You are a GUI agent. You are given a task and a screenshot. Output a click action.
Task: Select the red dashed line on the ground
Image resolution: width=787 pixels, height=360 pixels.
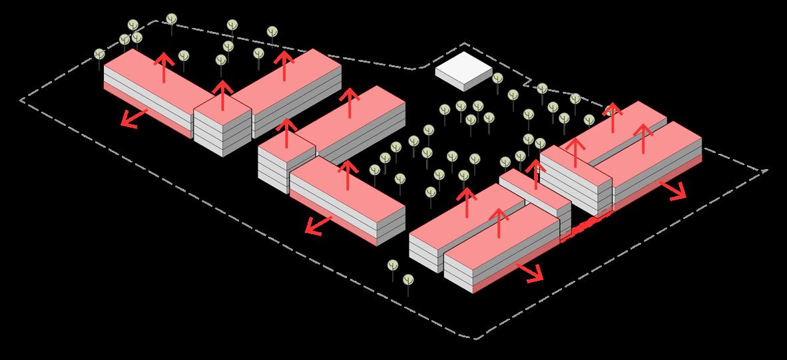pos(586,227)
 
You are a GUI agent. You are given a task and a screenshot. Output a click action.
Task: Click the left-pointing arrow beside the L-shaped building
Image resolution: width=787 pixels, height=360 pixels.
pos(134,118)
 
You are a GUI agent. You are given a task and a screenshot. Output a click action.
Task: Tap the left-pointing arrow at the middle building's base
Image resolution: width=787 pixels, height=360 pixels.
pos(318,225)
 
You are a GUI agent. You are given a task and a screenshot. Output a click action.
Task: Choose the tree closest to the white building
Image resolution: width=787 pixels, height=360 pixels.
pos(497,79)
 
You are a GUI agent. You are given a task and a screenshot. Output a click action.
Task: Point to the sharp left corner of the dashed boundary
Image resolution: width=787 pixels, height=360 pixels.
pos(21,100)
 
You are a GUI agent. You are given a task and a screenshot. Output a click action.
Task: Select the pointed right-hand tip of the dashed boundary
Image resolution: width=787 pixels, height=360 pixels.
pos(766,170)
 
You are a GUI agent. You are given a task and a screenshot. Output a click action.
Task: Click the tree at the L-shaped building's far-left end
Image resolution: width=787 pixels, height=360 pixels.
pos(99,55)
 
